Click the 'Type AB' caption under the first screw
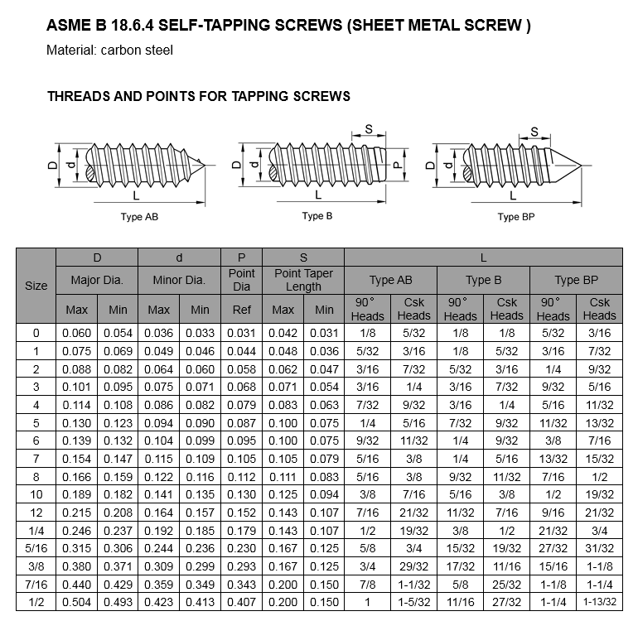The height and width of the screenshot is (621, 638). (139, 217)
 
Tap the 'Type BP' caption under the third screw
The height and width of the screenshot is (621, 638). (520, 217)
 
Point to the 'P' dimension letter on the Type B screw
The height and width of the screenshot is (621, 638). (397, 166)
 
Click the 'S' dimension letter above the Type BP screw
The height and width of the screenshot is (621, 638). (534, 132)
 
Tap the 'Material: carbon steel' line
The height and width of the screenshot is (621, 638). (109, 51)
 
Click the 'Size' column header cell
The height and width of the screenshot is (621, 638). (36, 286)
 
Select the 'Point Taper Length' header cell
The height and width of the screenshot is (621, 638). (303, 280)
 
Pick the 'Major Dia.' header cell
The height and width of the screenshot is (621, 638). (97, 280)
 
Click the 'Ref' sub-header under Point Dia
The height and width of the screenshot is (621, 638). (242, 310)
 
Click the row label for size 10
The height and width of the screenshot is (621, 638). (36, 494)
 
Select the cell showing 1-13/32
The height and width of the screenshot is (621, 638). (599, 601)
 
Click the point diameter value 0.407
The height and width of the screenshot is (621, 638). (242, 601)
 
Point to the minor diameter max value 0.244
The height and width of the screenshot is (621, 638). (159, 547)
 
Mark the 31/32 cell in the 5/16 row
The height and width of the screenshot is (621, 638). (599, 547)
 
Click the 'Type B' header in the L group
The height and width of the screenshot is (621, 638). (483, 280)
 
